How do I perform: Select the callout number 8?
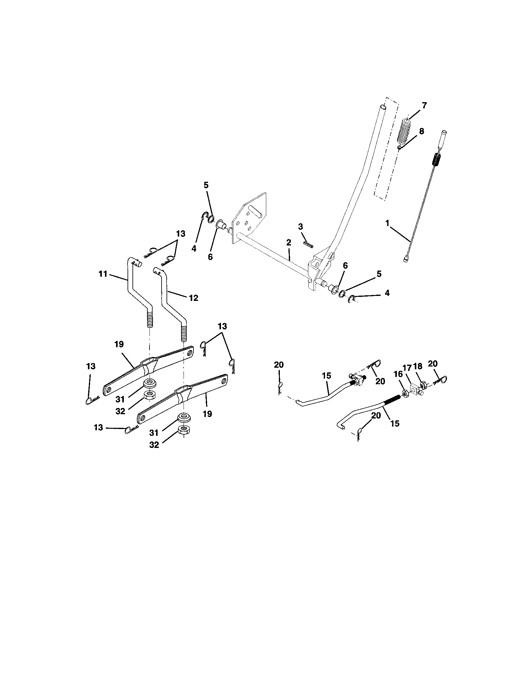pos(421,131)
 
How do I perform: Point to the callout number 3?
pos(300,227)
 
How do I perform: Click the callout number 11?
pos(103,274)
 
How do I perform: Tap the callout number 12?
pos(193,298)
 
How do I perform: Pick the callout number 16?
pos(398,374)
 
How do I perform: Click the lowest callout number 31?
pos(154,433)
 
